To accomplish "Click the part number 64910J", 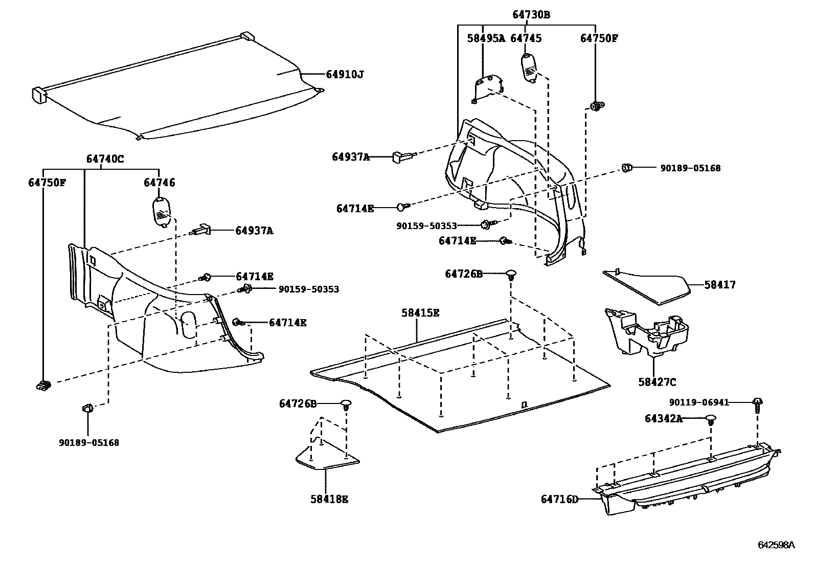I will pos(345,75).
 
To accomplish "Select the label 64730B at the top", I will pos(531,15).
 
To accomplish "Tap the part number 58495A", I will pos(486,38).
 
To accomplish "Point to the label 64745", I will pos(526,38).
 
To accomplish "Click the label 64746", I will pos(159,183).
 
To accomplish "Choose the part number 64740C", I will pos(105,159).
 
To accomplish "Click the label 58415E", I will pos(420,312).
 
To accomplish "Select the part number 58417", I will pos(720,285).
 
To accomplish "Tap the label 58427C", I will pos(657,382).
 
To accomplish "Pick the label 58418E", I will pos(329,499).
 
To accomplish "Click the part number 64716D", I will pos(559,499).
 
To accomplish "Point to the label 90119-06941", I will pos(699,402).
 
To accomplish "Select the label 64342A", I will pos(663,419).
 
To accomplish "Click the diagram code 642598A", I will pos(776,545).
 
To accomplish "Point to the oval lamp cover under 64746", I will pos(162,211).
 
